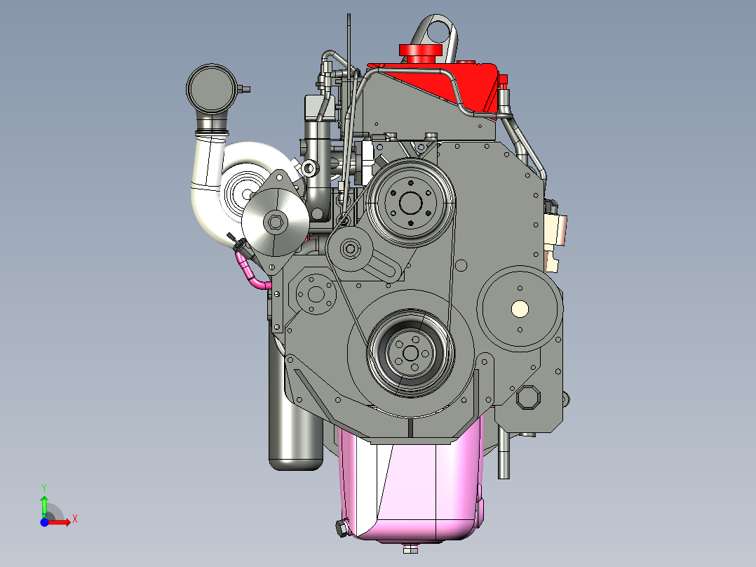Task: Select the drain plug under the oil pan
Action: (x=410, y=549)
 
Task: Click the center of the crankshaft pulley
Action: (x=410, y=354)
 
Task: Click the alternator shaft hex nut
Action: (x=276, y=222)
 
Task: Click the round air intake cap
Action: (x=212, y=89)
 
